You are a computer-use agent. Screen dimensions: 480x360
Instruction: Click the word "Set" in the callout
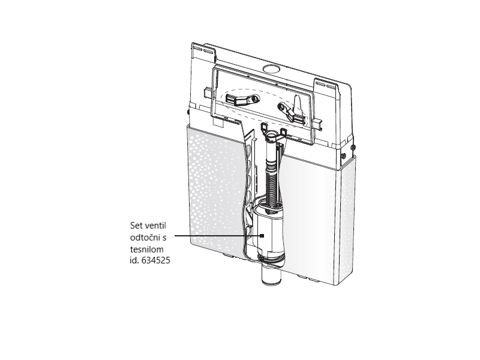coord(136,226)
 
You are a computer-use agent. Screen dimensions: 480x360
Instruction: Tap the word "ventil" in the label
coord(155,226)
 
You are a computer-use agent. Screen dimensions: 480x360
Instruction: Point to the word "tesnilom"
coord(147,249)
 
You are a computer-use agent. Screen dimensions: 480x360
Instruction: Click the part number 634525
coord(156,260)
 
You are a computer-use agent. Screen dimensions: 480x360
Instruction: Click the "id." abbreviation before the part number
coord(134,260)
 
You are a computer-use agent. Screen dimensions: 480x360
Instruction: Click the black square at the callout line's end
coord(262,236)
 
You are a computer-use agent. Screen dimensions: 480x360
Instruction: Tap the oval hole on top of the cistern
coord(271,68)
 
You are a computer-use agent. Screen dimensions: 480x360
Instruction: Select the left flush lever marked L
coord(242,99)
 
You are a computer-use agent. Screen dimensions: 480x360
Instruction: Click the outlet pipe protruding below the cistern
coord(271,275)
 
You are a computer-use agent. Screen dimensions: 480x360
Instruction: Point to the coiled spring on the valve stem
coord(272,187)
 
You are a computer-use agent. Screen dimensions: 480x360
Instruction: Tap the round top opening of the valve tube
coord(272,134)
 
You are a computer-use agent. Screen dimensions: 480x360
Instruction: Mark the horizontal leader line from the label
coord(217,236)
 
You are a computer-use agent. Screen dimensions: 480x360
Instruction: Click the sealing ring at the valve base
coord(271,259)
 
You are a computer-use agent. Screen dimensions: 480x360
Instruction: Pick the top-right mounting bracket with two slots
coord(326,83)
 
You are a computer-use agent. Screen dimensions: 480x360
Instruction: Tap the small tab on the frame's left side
coord(208,93)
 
